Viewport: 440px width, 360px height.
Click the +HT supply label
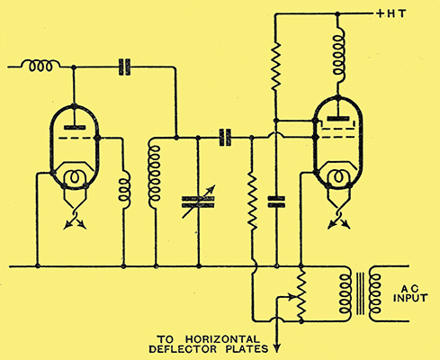click(391, 13)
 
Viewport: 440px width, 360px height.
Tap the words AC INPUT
click(410, 293)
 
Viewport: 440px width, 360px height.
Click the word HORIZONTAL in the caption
click(222, 339)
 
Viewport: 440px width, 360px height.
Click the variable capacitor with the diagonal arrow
click(198, 202)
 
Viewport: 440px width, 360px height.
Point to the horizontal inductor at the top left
click(40, 66)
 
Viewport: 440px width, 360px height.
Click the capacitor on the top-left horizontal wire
click(124, 67)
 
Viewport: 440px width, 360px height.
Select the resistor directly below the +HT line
click(276, 66)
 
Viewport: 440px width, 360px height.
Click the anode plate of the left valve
click(75, 127)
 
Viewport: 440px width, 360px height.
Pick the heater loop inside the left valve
click(75, 177)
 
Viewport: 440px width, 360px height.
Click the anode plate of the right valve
click(338, 119)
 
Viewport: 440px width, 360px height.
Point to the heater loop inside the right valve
click(338, 176)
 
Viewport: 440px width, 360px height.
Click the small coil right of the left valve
click(124, 190)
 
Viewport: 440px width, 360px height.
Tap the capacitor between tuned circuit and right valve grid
click(225, 138)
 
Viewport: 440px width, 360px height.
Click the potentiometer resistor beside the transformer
click(301, 294)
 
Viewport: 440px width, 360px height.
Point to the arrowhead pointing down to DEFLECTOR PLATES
click(276, 348)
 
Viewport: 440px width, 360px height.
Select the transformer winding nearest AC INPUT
click(375, 293)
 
